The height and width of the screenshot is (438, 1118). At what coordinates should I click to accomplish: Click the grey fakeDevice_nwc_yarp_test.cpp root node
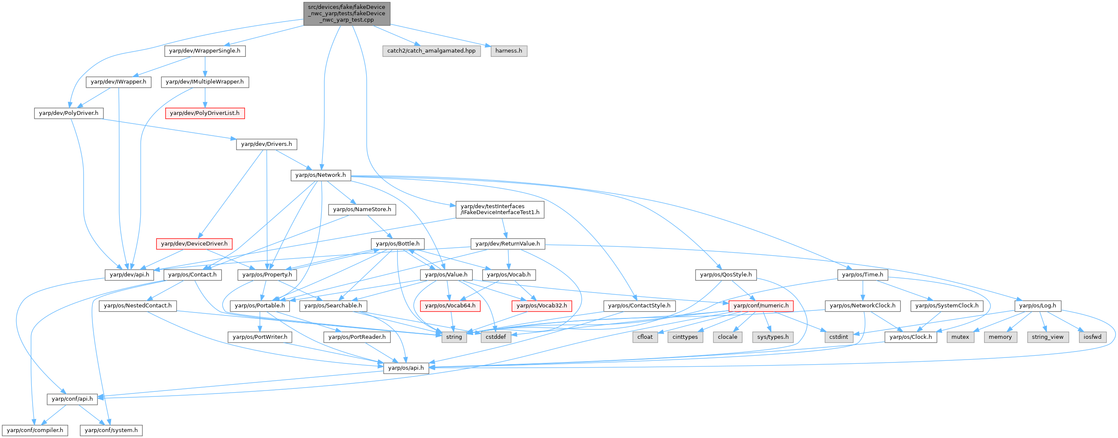point(346,14)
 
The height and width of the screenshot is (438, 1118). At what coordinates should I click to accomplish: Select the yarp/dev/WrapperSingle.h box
point(204,51)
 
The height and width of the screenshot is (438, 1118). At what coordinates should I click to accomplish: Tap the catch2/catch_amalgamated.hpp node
point(431,51)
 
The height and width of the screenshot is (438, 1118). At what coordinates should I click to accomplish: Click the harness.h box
point(509,51)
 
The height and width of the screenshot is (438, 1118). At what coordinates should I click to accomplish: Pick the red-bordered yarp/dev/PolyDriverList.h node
point(204,113)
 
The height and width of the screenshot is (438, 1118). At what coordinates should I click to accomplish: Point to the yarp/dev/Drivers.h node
point(267,144)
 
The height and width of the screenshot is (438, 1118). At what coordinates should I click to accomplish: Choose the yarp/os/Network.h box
point(320,175)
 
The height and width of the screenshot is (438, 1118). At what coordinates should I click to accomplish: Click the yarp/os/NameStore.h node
point(362,209)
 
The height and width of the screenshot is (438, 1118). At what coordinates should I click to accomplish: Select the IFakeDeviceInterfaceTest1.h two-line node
point(500,209)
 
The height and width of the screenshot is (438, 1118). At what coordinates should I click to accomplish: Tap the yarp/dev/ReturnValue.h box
point(507,243)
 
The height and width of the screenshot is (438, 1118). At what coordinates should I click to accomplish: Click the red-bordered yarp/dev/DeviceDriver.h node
point(194,243)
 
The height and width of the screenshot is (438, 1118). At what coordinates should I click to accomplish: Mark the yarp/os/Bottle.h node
point(398,243)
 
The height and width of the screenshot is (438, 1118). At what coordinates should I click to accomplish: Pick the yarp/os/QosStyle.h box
point(726,275)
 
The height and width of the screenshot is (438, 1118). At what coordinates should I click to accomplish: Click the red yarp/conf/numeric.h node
point(761,306)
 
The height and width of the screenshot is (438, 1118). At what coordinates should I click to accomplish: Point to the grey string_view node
point(1047,337)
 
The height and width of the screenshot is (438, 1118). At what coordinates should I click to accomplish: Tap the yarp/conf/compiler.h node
point(35,430)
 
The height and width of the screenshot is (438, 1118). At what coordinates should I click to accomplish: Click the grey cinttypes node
point(685,337)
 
